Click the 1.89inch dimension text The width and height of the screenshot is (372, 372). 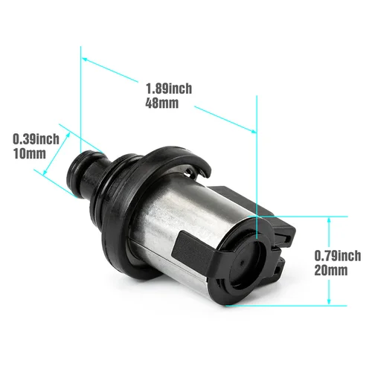(x=169, y=89)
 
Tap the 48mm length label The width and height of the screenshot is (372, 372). (x=163, y=103)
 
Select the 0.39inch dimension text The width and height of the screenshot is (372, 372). (x=36, y=139)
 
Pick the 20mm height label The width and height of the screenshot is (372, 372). (x=333, y=270)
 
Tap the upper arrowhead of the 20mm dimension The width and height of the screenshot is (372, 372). (x=329, y=219)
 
